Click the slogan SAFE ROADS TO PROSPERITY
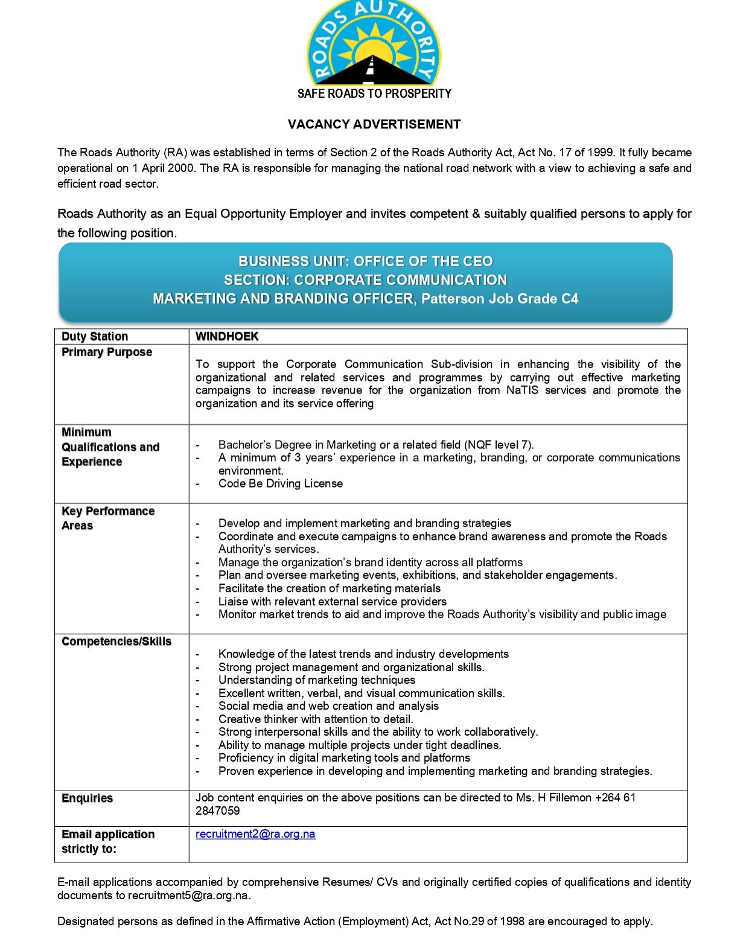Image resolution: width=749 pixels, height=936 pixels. pyautogui.click(x=374, y=94)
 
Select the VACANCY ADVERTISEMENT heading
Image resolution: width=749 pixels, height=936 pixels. pyautogui.click(x=374, y=124)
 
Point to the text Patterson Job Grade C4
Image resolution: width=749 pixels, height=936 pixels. pyautogui.click(x=500, y=299)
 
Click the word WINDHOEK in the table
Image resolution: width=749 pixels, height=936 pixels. pyautogui.click(x=227, y=336)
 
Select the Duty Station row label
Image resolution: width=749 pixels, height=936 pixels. pyautogui.click(x=95, y=336)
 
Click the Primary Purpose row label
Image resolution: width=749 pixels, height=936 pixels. pyautogui.click(x=107, y=352)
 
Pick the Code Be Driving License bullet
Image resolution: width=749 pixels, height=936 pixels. pyautogui.click(x=281, y=483)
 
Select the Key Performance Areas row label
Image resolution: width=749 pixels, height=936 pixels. pyautogui.click(x=107, y=518)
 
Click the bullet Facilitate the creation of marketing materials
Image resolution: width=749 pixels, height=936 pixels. pyautogui.click(x=330, y=588)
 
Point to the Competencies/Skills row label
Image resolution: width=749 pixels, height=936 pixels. pyautogui.click(x=116, y=642)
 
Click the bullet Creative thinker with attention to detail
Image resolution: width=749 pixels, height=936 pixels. pyautogui.click(x=316, y=719)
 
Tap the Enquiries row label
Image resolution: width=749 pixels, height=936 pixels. pyautogui.click(x=88, y=798)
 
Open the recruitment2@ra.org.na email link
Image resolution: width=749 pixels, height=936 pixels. pyautogui.click(x=255, y=834)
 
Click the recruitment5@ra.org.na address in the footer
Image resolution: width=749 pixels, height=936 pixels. pyautogui.click(x=188, y=896)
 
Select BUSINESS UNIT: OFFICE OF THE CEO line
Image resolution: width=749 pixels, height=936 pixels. pyautogui.click(x=366, y=261)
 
